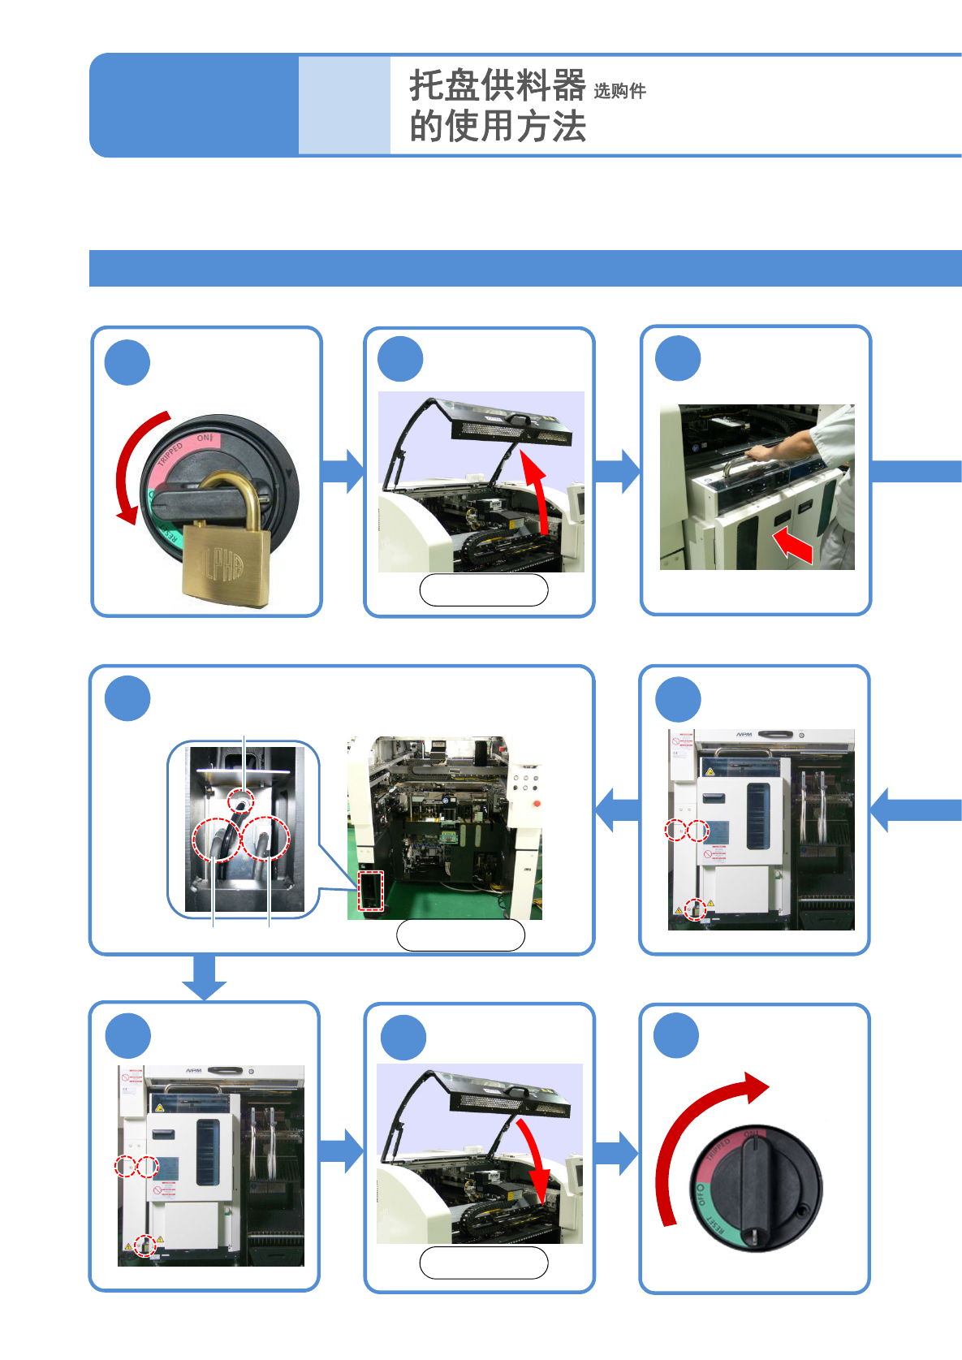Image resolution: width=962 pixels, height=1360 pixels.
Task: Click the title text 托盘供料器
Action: pos(497,85)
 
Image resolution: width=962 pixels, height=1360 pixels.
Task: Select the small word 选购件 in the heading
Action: pos(619,91)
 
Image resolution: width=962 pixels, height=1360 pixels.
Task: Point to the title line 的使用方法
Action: pos(497,127)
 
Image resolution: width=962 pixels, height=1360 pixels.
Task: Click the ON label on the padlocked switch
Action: pos(204,438)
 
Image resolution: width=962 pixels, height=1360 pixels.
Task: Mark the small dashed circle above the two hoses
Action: pos(241,801)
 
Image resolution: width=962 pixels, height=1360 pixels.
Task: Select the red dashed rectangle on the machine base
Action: pos(370,891)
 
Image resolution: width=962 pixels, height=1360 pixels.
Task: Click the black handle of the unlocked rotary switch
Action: pos(755,1189)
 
